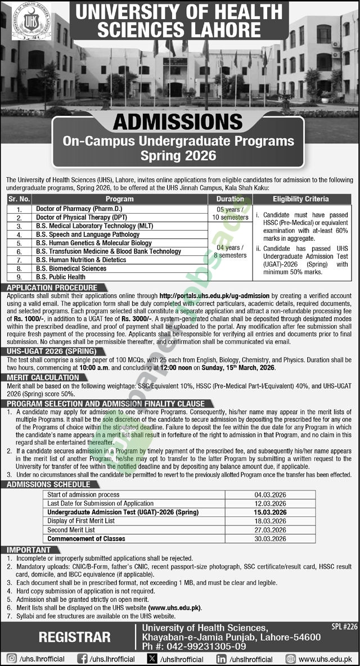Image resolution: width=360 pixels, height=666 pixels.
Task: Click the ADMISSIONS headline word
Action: pos(179,121)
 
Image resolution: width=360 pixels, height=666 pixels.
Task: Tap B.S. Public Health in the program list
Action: pos(61,277)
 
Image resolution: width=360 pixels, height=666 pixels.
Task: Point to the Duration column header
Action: pos(230,199)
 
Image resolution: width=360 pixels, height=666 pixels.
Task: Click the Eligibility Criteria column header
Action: pos(301,199)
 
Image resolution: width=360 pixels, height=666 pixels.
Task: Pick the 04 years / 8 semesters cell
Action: pos(229,251)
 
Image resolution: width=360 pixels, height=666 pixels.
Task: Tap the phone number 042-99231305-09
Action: pos(194,646)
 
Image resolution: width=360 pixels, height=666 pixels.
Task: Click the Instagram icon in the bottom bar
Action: pos(11,659)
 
